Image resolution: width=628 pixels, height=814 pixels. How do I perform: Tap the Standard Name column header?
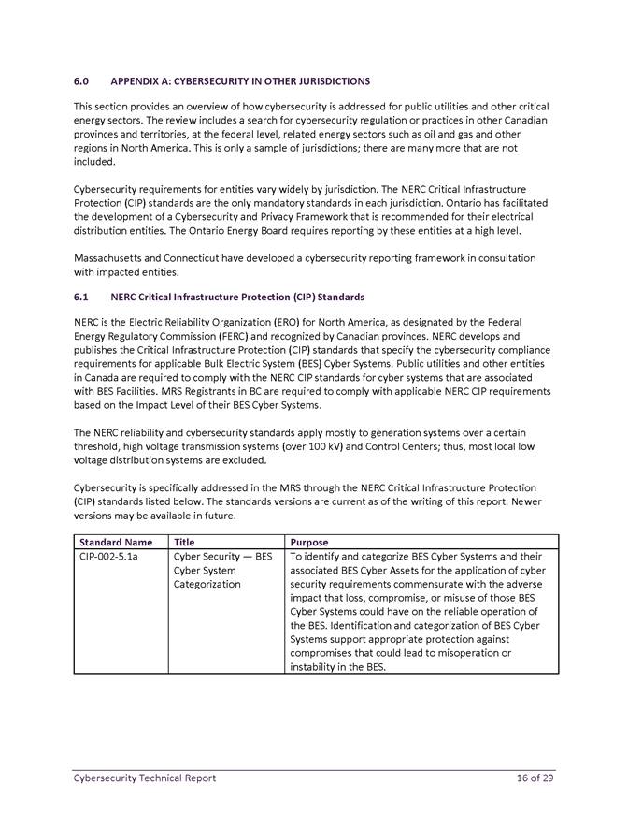pyautogui.click(x=116, y=542)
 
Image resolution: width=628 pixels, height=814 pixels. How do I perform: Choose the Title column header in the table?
pyautogui.click(x=185, y=542)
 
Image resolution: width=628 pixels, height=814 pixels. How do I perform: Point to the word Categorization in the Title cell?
pyautogui.click(x=207, y=584)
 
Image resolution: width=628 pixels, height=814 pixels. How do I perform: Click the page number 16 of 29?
pyautogui.click(x=535, y=778)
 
